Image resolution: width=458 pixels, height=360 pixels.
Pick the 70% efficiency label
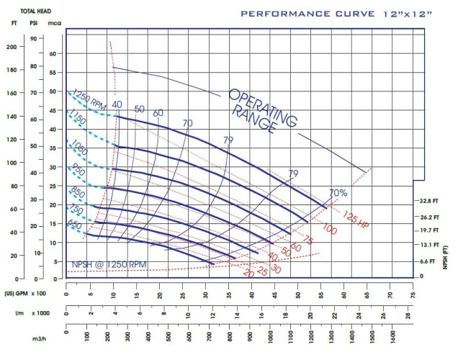pyautogui.click(x=338, y=192)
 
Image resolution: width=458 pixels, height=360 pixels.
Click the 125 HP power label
pyautogui.click(x=348, y=217)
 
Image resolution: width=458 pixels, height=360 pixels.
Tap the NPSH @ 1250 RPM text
pyautogui.click(x=109, y=265)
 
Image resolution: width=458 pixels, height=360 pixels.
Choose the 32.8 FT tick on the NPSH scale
pyautogui.click(x=431, y=202)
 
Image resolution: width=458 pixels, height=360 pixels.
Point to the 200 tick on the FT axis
pyautogui.click(x=11, y=47)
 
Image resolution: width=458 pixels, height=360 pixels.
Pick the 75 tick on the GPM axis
pyautogui.click(x=413, y=294)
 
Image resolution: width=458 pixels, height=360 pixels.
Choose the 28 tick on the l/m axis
pyautogui.click(x=408, y=315)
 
